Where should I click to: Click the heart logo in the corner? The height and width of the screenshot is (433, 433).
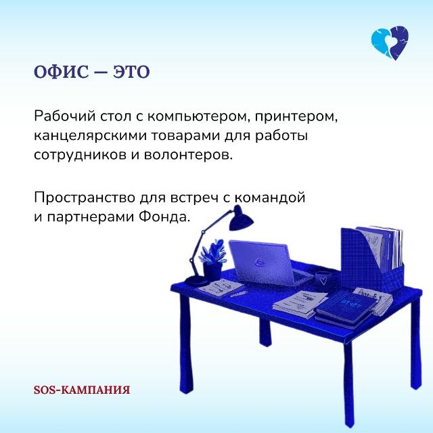pyautogui.click(x=390, y=43)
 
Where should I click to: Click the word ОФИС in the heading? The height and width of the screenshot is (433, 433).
pyautogui.click(x=62, y=72)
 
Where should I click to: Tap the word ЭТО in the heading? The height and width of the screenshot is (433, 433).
pyautogui.click(x=131, y=72)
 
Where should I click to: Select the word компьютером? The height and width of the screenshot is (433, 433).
pyautogui.click(x=194, y=117)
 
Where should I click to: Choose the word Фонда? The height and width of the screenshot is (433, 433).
pyautogui.click(x=164, y=216)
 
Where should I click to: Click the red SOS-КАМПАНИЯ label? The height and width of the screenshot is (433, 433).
pyautogui.click(x=82, y=390)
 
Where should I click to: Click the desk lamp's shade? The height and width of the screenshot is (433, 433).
pyautogui.click(x=240, y=218)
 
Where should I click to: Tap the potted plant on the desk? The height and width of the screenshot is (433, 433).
pyautogui.click(x=212, y=260)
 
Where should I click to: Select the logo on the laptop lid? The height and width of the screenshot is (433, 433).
pyautogui.click(x=259, y=262)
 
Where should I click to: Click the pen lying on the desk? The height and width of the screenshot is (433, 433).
pyautogui.click(x=239, y=294)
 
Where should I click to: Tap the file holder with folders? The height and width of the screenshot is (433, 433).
pyautogui.click(x=372, y=259)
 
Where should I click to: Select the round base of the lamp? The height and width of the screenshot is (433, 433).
pyautogui.click(x=196, y=281)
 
